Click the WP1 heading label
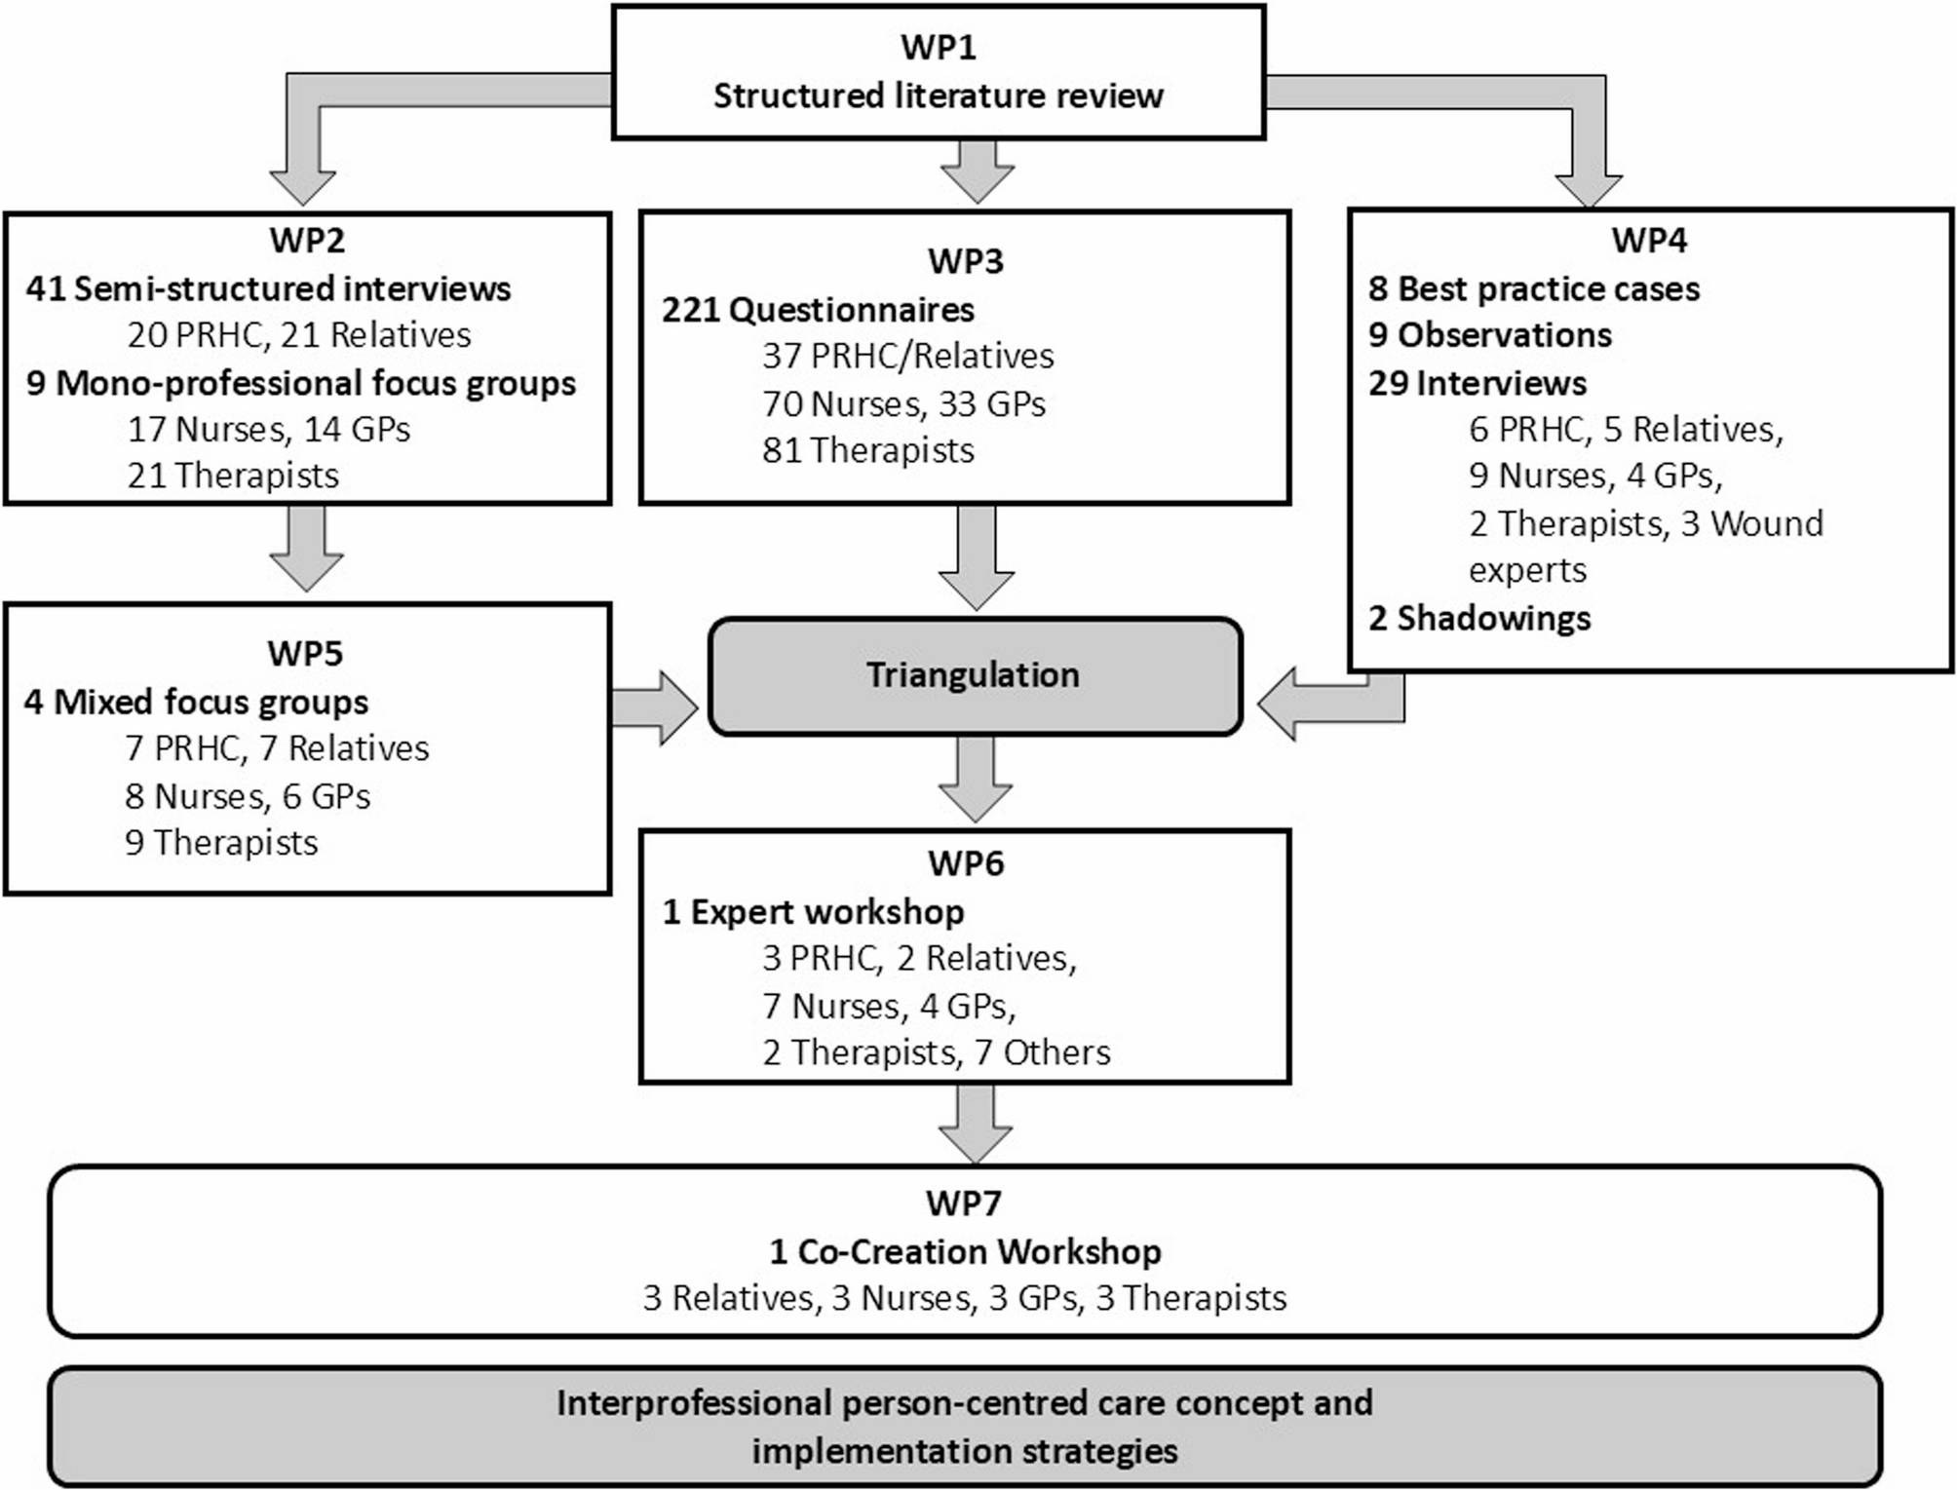click(938, 47)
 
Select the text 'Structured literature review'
click(938, 96)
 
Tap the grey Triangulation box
click(974, 675)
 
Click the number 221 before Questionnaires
click(690, 310)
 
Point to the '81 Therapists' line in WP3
click(867, 450)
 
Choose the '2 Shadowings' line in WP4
click(1478, 618)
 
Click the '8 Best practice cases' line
click(1533, 288)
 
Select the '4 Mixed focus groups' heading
click(196, 702)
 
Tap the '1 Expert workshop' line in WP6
click(813, 911)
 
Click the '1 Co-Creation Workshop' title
click(965, 1251)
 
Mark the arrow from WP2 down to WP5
click(306, 549)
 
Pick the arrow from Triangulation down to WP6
click(976, 779)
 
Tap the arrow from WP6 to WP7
click(976, 1122)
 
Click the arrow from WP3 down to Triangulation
click(976, 556)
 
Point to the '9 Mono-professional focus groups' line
click(301, 383)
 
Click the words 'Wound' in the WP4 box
click(1766, 523)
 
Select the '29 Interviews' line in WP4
click(1477, 383)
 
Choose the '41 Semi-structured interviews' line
click(268, 288)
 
